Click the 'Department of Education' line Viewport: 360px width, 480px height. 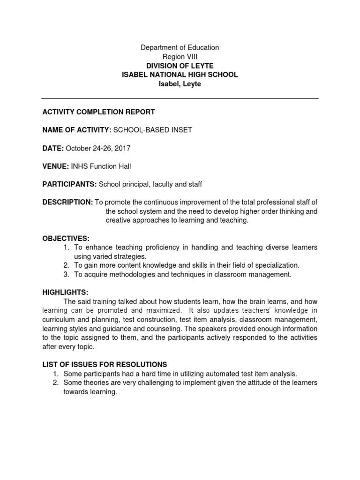(x=180, y=47)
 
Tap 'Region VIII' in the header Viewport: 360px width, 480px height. (x=180, y=56)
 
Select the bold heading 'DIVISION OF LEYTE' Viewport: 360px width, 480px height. (x=180, y=66)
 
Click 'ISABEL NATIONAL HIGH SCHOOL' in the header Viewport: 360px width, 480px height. (x=180, y=75)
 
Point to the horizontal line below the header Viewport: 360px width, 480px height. (x=180, y=99)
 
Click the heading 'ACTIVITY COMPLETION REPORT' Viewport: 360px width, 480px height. (x=98, y=112)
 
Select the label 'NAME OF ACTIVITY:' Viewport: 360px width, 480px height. (x=76, y=130)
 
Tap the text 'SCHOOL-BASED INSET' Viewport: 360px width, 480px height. (x=152, y=130)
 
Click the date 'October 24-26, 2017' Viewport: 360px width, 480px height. (x=98, y=148)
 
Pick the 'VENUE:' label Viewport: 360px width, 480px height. (x=56, y=166)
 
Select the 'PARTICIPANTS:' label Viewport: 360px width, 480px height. (x=69, y=184)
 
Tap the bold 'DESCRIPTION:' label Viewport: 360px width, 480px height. (x=67, y=202)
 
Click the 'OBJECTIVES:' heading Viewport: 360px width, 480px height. (x=66, y=239)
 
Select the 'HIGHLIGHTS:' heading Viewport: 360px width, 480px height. (x=65, y=292)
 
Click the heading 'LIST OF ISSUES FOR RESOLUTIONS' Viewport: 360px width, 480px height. (x=105, y=365)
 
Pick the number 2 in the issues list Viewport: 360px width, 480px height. (x=55, y=383)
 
